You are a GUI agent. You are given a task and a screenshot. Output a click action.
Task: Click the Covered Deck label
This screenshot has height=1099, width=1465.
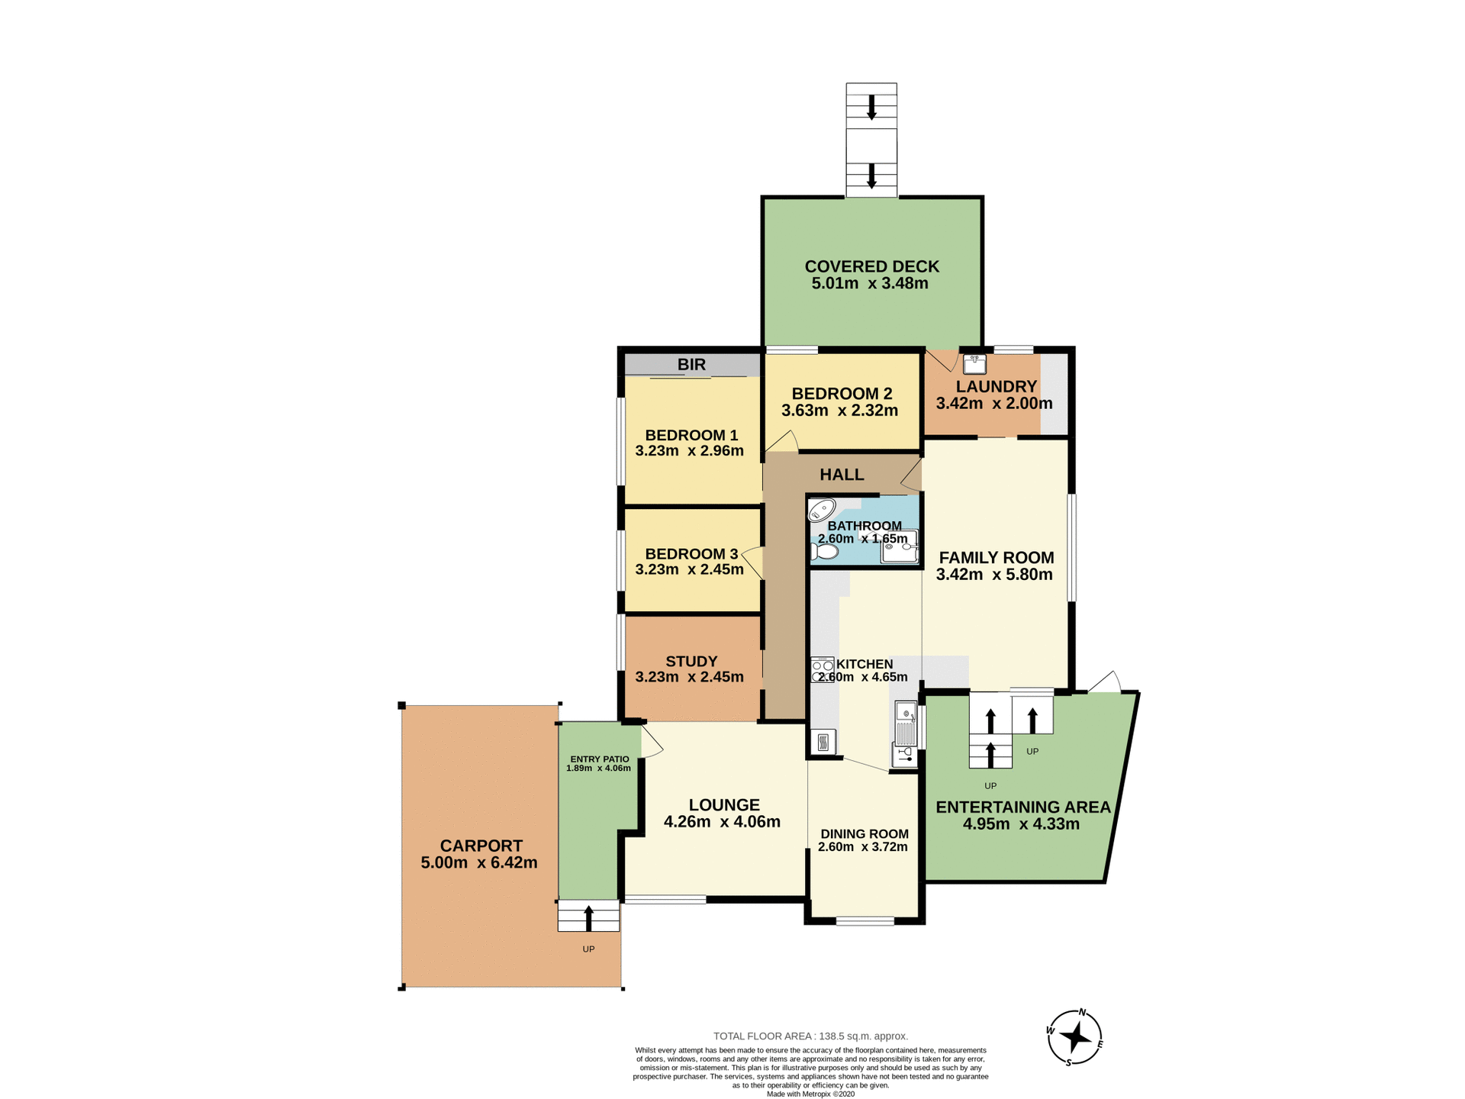(871, 266)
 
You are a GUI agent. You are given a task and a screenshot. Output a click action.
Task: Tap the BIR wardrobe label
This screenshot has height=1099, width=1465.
(691, 365)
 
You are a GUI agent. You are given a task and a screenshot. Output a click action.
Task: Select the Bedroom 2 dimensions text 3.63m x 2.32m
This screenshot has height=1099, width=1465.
(839, 411)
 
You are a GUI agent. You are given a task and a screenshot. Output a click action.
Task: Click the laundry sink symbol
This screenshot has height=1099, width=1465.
(974, 363)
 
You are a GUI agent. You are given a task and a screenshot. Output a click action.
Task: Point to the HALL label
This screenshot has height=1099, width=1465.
(842, 475)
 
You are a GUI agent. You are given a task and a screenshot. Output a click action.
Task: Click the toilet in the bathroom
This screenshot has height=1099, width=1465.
(823, 551)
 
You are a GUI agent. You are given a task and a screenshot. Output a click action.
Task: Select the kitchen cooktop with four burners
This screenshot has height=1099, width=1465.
(822, 669)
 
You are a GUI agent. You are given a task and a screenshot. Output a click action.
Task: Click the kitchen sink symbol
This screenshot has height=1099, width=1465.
(906, 724)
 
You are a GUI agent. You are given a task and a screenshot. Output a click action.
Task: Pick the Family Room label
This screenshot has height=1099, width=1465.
(996, 558)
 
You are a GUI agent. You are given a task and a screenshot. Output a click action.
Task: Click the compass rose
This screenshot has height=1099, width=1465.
(1075, 1037)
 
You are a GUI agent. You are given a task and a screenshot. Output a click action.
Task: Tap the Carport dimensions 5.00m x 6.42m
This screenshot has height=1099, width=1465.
(478, 863)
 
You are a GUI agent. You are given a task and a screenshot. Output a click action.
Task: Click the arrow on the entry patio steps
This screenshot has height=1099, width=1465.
(588, 917)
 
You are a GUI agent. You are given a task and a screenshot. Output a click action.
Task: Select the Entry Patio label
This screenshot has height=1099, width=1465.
(600, 759)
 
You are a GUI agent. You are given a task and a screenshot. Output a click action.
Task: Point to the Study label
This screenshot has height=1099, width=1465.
(691, 662)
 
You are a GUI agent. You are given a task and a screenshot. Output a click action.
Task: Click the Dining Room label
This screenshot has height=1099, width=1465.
(864, 834)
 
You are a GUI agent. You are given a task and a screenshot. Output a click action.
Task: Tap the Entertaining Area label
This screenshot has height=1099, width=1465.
(1022, 807)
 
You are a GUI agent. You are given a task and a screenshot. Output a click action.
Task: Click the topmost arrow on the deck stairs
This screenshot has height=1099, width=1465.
(871, 107)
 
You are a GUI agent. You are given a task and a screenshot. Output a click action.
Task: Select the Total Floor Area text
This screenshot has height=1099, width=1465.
(810, 1036)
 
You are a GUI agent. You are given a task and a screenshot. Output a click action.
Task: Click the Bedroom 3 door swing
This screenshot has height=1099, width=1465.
(753, 562)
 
